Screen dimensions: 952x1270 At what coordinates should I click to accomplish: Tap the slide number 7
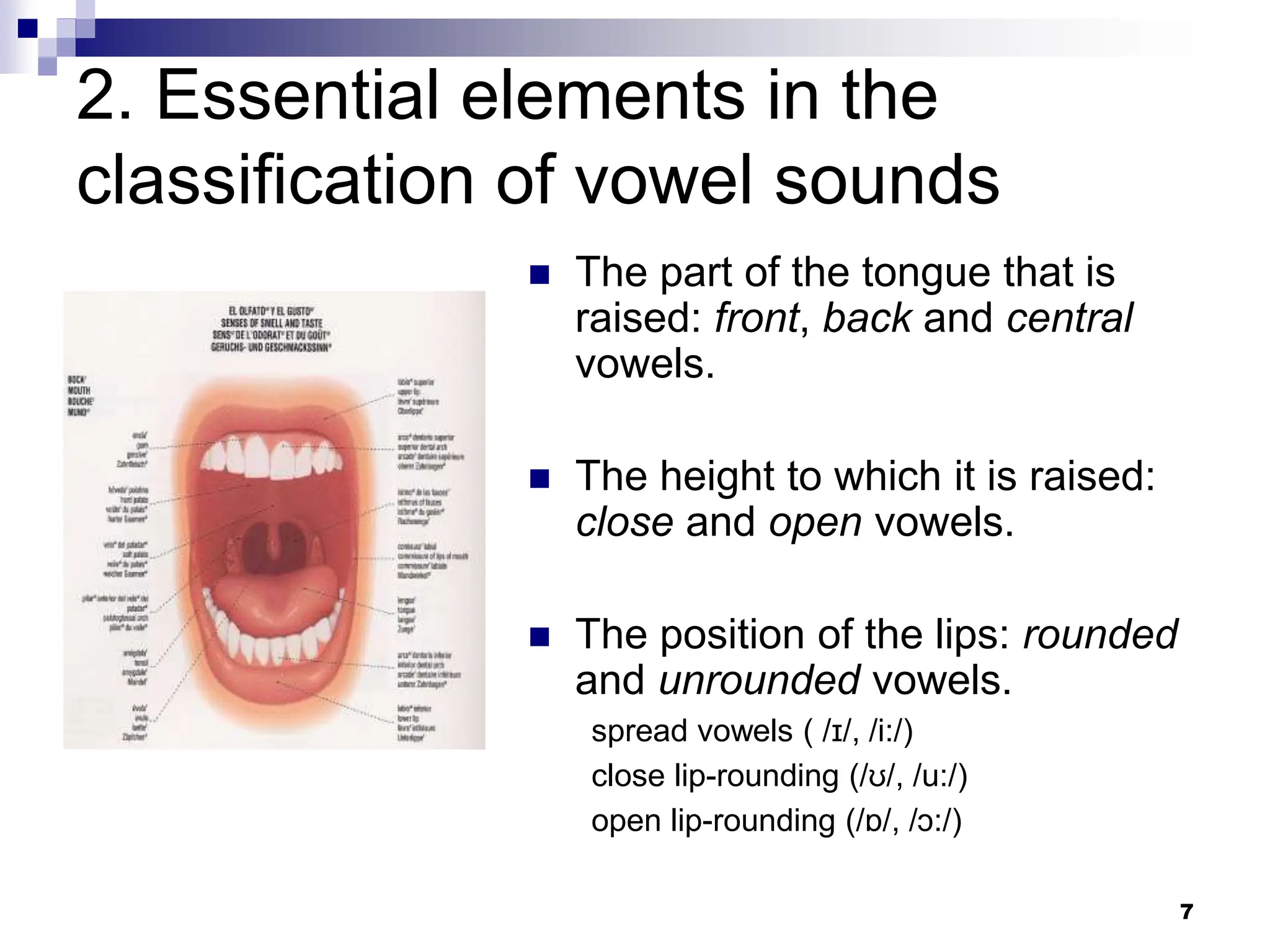(x=1186, y=912)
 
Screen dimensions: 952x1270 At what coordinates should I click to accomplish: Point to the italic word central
(x=1070, y=318)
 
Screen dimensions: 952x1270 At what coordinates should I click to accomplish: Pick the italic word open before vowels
(x=815, y=522)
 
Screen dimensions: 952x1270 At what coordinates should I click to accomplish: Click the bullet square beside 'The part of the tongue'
(x=540, y=275)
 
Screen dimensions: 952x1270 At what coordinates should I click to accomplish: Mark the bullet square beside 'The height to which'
(x=540, y=478)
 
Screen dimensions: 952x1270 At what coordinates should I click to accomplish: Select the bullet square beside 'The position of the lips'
(x=540, y=637)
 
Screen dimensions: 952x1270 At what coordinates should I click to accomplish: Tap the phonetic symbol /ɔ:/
(x=934, y=821)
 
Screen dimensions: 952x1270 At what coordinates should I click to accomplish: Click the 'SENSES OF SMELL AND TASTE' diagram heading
(x=272, y=323)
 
